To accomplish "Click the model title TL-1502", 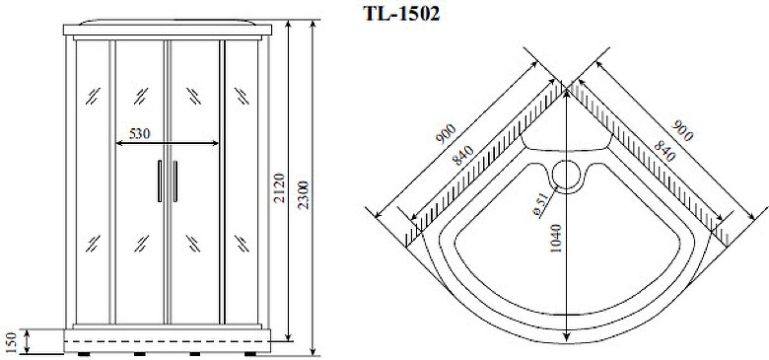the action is coord(401,14).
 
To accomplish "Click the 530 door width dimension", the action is coord(139,133).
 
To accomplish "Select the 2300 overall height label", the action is coord(303,194).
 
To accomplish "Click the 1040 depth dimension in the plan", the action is coord(555,239).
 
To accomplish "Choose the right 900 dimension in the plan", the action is coord(681,130).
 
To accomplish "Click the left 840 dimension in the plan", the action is coord(463,156).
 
